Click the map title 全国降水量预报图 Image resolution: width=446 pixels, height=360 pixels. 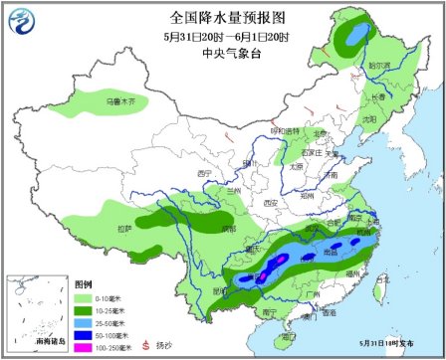(x=222, y=17)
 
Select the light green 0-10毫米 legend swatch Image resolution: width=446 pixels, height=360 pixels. (x=85, y=294)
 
